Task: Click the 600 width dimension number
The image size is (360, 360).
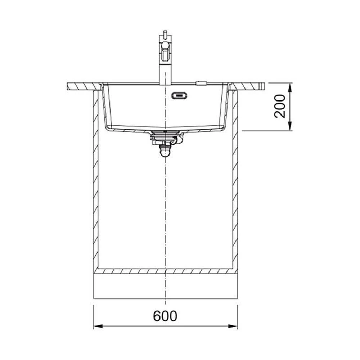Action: point(165,316)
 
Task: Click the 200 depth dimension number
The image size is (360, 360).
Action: point(280,106)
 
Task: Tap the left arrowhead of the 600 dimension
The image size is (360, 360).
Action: point(98,326)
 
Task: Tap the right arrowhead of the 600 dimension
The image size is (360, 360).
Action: point(233,326)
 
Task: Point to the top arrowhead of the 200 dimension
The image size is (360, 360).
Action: point(290,87)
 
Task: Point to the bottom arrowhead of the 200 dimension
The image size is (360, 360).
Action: point(290,126)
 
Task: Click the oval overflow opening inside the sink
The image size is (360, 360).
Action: point(179,95)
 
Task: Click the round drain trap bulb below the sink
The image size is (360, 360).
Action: point(165,152)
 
